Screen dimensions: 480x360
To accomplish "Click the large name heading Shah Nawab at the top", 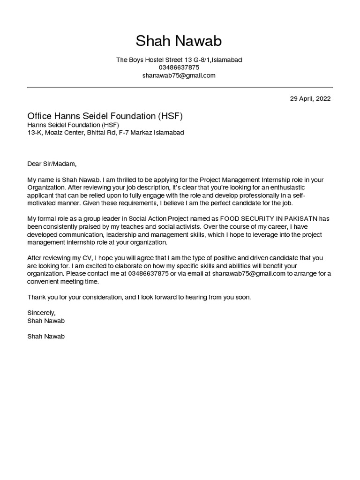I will [179, 41].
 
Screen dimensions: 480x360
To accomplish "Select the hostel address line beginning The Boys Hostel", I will [179, 60].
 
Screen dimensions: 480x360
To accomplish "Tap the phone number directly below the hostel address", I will [179, 67].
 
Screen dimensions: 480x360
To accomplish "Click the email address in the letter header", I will [179, 75].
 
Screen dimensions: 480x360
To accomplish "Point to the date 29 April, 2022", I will [310, 99].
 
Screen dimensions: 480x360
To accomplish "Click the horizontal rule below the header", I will [180, 88].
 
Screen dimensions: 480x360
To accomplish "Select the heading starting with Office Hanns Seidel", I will [105, 116].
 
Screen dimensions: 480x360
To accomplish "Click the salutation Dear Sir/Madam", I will [51, 164].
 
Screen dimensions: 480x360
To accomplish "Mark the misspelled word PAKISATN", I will [300, 219].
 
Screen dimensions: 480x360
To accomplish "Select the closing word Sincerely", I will [41, 313].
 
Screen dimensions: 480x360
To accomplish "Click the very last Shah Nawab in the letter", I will [46, 337].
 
